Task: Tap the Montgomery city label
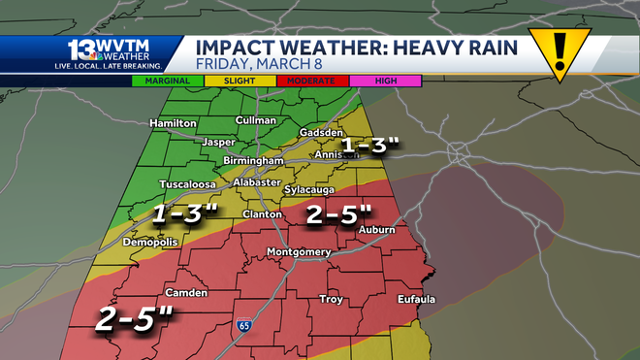299,253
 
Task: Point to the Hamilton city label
174,123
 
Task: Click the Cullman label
256,120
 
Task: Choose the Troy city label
332,299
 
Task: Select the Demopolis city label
150,243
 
